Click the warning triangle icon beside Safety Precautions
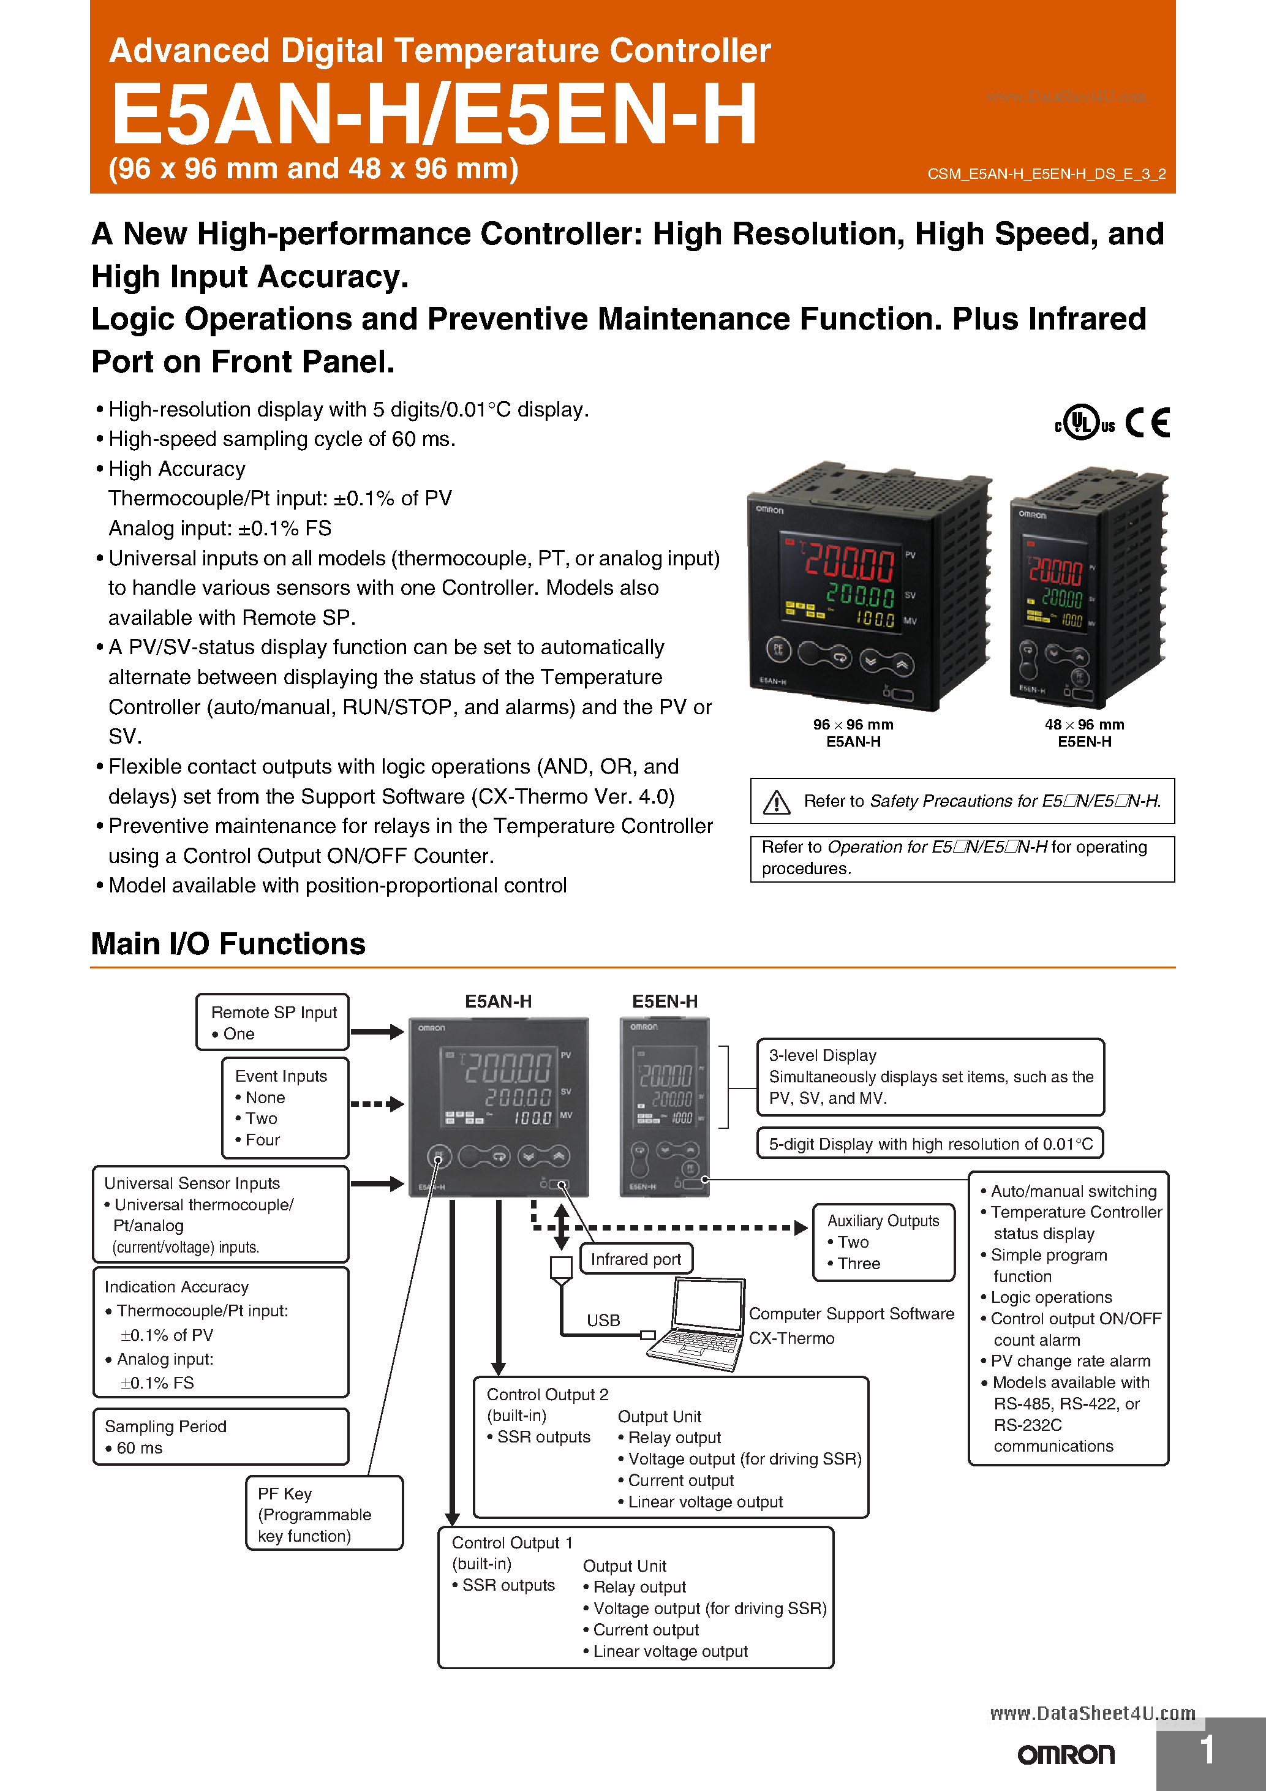point(776,801)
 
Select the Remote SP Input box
point(272,1022)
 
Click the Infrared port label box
point(636,1259)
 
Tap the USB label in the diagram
point(603,1320)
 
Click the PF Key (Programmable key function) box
point(324,1514)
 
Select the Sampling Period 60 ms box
point(220,1436)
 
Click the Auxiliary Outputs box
point(883,1242)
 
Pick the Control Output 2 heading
point(547,1394)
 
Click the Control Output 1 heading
point(511,1542)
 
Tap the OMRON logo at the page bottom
point(1066,1754)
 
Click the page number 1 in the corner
point(1207,1750)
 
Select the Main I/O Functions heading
point(228,944)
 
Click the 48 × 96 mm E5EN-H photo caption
point(1084,733)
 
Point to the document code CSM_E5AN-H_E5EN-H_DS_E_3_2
point(1046,174)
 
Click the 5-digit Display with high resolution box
point(930,1144)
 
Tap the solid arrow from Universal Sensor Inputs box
point(377,1183)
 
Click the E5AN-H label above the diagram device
point(498,1001)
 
